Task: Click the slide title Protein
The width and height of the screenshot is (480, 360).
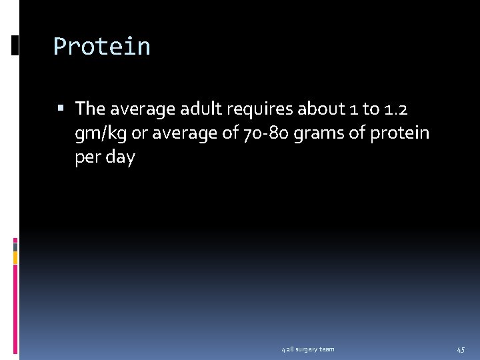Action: tap(102, 47)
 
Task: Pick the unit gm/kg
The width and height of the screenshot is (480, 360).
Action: tap(101, 133)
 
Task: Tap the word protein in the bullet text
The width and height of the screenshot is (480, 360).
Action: tap(399, 133)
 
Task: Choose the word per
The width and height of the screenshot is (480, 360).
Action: tap(88, 158)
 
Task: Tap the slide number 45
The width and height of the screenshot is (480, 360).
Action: tap(461, 349)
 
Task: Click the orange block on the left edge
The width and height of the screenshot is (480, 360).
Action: tap(15, 257)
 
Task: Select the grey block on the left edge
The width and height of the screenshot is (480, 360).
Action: tap(15, 246)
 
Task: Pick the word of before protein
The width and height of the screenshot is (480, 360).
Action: tap(357, 133)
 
